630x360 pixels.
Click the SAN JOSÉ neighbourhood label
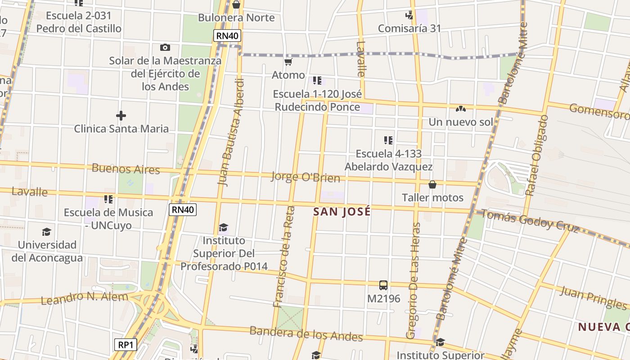tap(342, 212)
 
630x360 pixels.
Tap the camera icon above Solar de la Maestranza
tap(165, 47)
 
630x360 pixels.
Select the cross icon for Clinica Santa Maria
tap(121, 116)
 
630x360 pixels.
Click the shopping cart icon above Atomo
tap(288, 62)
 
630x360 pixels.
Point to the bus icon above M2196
tap(383, 285)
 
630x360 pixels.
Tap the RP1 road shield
tap(125, 345)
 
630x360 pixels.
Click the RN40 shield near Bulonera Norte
tap(228, 36)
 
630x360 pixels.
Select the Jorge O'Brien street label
tap(305, 177)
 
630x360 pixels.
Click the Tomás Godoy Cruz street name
tap(530, 220)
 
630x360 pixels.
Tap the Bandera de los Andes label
tap(306, 334)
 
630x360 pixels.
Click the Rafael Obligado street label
tap(536, 155)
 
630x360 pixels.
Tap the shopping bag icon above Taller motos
tap(432, 184)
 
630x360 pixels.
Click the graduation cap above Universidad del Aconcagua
tap(46, 232)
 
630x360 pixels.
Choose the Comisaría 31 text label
tap(409, 28)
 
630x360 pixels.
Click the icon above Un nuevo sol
tap(460, 108)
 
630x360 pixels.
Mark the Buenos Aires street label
tap(126, 169)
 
